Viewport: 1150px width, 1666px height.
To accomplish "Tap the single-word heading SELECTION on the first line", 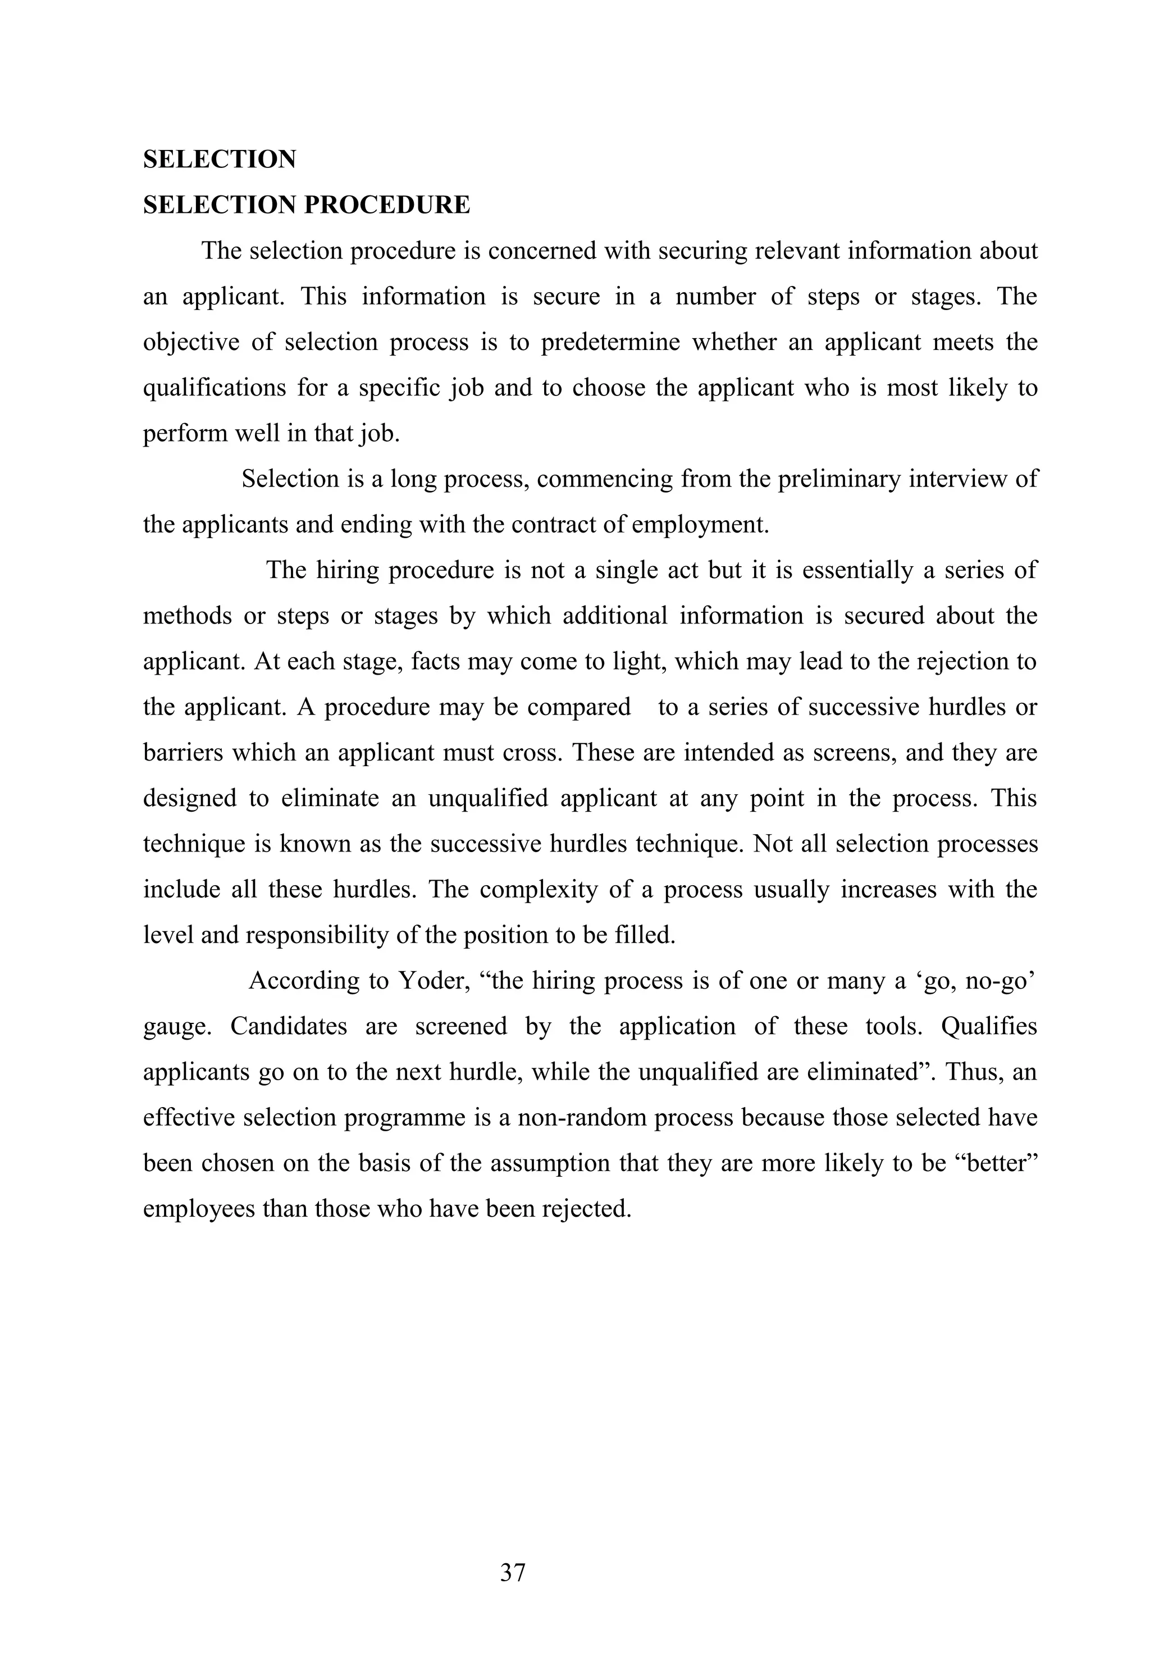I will [x=219, y=160].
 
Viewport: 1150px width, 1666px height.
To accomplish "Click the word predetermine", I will [x=610, y=342].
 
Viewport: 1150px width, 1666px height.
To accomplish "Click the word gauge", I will [x=176, y=1027].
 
